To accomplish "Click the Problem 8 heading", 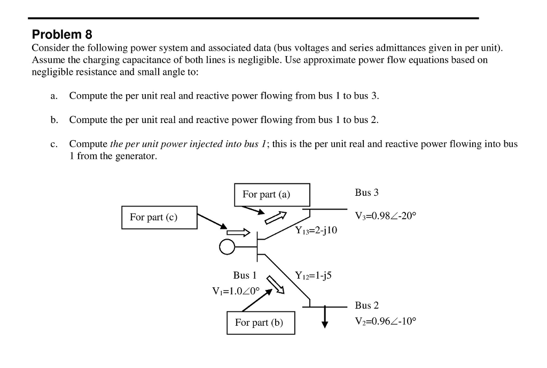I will click(x=62, y=35).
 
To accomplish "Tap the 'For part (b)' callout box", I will click(x=260, y=323).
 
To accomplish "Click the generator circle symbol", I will click(x=227, y=247).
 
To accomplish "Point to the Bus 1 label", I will click(x=245, y=275).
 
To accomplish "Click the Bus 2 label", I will click(x=366, y=305).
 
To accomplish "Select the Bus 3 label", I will click(x=366, y=193).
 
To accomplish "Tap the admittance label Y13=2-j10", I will click(x=316, y=231).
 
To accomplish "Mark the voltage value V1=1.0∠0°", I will click(x=236, y=291).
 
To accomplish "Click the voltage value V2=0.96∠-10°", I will click(x=385, y=321).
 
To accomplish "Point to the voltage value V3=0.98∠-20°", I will click(x=385, y=216).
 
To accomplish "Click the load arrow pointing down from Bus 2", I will click(x=324, y=318).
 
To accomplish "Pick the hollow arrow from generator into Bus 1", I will click(x=238, y=233).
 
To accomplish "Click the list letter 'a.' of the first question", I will click(x=54, y=96).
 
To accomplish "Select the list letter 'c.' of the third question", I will click(x=54, y=144).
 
